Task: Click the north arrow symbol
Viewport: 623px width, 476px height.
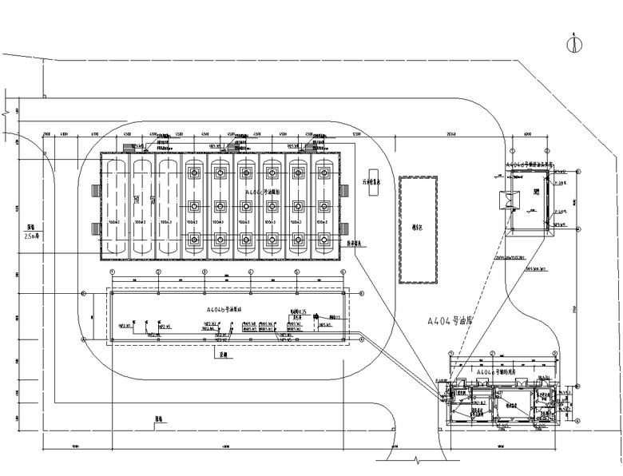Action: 572,45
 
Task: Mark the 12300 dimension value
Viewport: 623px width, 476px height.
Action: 356,133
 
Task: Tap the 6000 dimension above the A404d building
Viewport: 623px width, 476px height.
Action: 527,133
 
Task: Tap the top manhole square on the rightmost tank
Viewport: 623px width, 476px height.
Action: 323,171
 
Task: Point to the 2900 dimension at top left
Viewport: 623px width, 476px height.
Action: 46,133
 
